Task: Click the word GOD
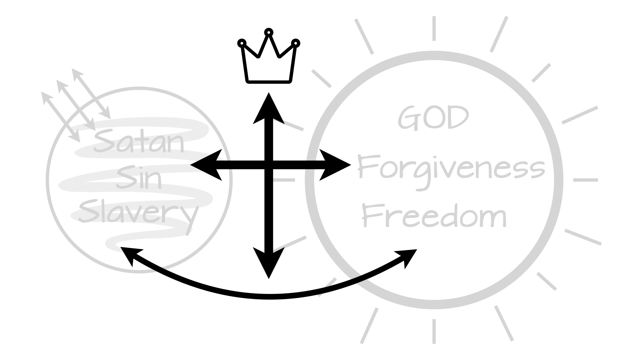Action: (x=433, y=118)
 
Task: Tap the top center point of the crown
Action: (x=269, y=32)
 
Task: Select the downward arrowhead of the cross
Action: (x=269, y=263)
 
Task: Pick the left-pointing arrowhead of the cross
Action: (x=205, y=165)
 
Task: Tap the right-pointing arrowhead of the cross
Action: (x=335, y=165)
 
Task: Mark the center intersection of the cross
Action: (x=269, y=165)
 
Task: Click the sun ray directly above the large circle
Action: (x=434, y=28)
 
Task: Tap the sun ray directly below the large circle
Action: (x=434, y=332)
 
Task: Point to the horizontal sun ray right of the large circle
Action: (x=585, y=180)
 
